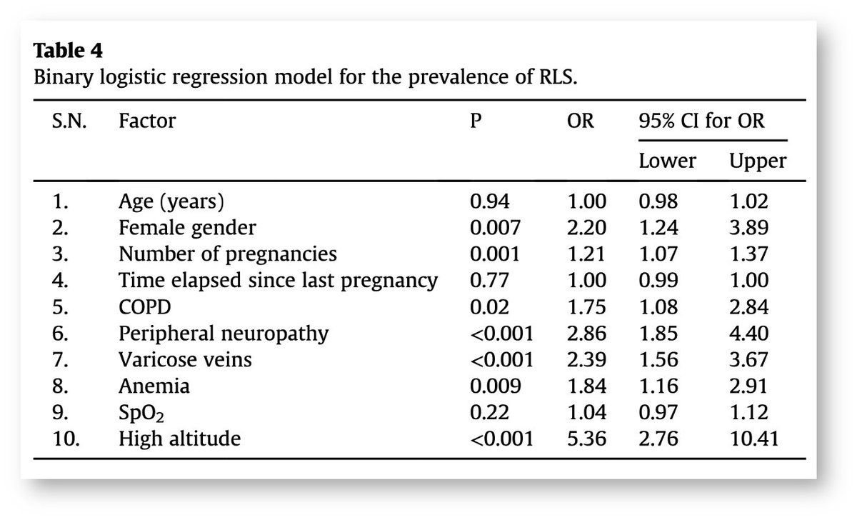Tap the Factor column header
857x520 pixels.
coord(146,121)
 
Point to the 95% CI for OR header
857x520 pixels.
coord(701,121)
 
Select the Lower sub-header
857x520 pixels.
coord(667,161)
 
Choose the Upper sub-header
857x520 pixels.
coord(758,161)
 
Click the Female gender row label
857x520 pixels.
coord(187,228)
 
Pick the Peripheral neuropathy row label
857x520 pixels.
coord(224,333)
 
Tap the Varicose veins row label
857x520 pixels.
coord(185,359)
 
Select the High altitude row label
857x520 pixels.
coord(179,438)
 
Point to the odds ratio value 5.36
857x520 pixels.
coord(586,438)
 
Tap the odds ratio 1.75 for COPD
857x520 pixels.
coord(586,306)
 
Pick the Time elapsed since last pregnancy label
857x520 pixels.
coord(278,280)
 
